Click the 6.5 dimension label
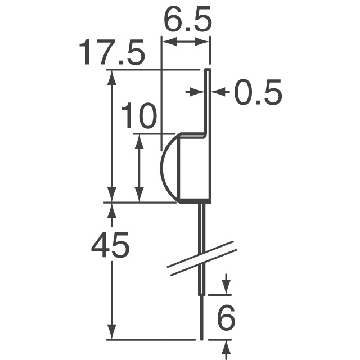tap(188, 21)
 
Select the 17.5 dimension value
tap(111, 53)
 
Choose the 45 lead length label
tap(111, 246)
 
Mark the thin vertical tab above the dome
tap(207, 101)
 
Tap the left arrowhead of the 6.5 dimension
tap(166, 42)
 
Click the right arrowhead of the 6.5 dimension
tap(205, 42)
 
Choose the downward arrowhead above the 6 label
tap(226, 288)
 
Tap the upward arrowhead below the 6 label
tap(226, 346)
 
